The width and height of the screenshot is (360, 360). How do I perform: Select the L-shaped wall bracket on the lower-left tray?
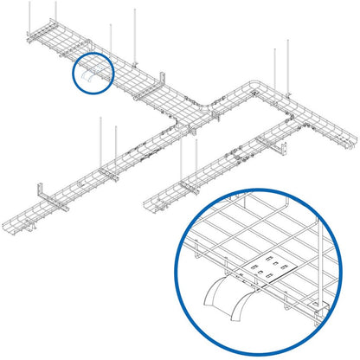pyautogui.click(x=41, y=196)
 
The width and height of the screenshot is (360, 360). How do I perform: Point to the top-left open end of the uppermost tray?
pyautogui.click(x=26, y=38)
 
